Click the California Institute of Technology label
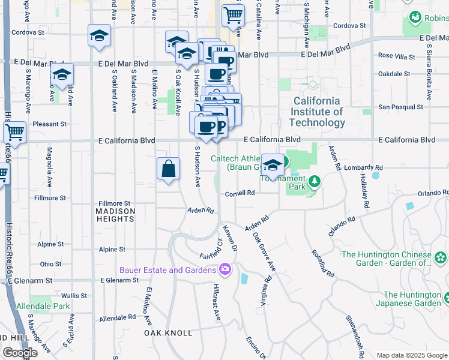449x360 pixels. tap(316, 112)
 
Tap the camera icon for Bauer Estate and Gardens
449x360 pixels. tap(225, 269)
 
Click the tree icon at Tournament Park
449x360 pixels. tap(313, 182)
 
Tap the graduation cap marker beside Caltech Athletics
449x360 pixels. tap(273, 165)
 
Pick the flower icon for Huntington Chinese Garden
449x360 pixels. tap(441, 258)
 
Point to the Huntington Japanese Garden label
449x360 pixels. tap(412, 299)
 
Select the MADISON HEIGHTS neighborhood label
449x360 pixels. tap(115, 215)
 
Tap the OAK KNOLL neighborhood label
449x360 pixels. tap(168, 332)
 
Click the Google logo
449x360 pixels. tap(20, 353)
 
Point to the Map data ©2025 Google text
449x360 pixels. tap(411, 355)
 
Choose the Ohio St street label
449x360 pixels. tap(50, 264)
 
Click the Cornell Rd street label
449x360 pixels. tap(240, 193)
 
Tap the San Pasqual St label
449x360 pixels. tap(400, 107)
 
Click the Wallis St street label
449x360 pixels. tap(74, 295)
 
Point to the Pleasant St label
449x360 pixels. tap(50, 124)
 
